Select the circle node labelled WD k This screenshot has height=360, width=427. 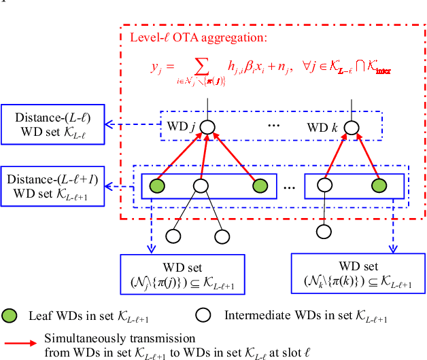(352, 127)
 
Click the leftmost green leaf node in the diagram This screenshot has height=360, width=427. (157, 184)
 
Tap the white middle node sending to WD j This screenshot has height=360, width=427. (200, 184)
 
